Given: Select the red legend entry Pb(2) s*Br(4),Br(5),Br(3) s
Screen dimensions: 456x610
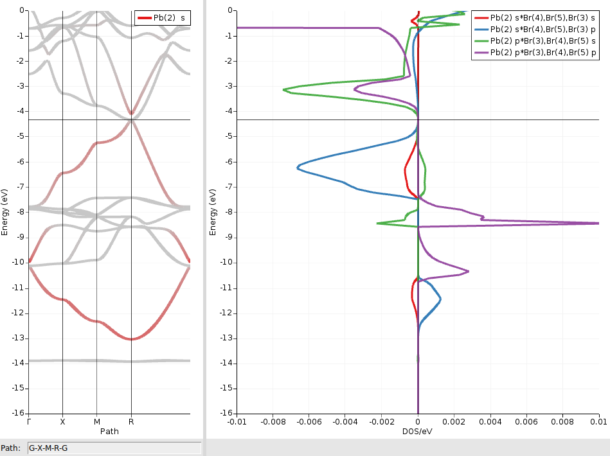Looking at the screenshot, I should pos(544,19).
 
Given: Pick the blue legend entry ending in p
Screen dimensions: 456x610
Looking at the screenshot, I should pos(544,30).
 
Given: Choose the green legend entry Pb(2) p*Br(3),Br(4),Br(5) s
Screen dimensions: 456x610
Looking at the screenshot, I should pos(544,42).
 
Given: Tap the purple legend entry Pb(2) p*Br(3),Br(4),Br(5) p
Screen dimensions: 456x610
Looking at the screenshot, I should pos(544,53).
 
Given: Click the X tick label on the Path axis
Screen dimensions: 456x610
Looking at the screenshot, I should pos(62,422).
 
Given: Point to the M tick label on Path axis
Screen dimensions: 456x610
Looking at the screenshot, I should pos(96,422).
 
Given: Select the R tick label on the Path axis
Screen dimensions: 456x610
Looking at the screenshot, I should pos(131,422).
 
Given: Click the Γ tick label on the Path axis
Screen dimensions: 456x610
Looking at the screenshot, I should pos(29,422).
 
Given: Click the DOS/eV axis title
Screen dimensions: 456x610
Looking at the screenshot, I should pos(418,432).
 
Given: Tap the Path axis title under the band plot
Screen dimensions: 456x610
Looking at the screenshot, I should pos(109,432).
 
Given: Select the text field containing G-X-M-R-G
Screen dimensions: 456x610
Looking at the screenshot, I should pos(114,448).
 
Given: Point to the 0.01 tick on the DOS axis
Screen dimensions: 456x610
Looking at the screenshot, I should pos(598,422).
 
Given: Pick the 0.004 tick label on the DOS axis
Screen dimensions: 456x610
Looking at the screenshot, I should pos(490,422).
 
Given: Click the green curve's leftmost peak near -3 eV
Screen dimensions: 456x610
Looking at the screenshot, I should pos(284,89).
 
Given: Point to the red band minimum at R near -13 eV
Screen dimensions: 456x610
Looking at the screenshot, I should pos(131,339).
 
